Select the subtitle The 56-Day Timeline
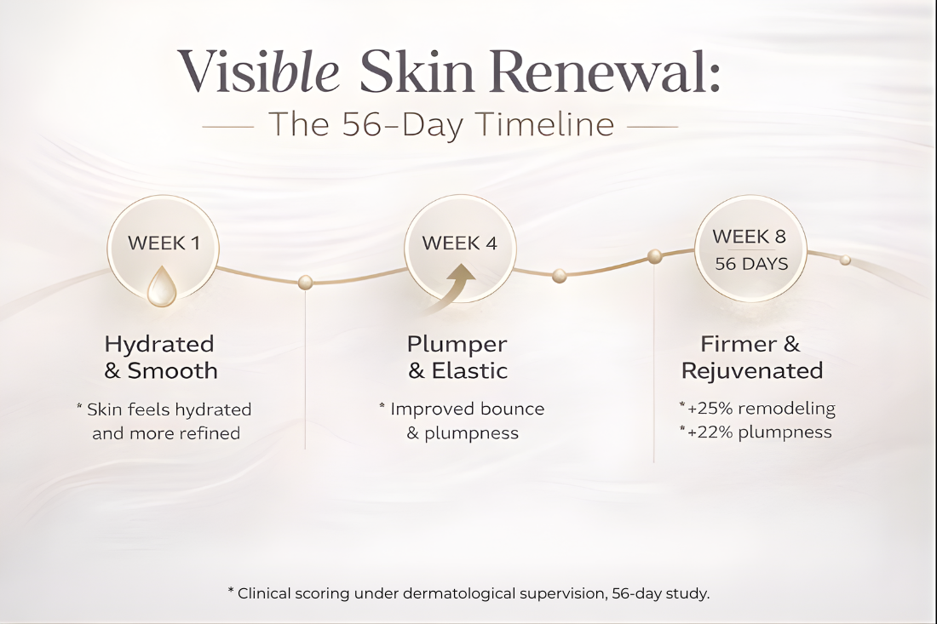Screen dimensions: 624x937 [x=440, y=125]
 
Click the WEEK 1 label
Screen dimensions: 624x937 [x=164, y=243]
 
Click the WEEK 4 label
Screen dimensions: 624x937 [x=459, y=243]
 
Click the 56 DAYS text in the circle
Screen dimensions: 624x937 [x=751, y=264]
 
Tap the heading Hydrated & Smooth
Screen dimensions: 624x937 [x=160, y=358]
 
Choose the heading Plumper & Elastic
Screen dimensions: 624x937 [x=457, y=358]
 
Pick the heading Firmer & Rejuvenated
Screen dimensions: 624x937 [x=751, y=358]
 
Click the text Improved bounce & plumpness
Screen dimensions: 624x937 [x=462, y=421]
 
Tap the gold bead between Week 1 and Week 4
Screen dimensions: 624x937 [x=305, y=282]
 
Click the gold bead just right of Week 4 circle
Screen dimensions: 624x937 [x=559, y=275]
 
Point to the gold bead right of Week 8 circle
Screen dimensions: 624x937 [x=845, y=260]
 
